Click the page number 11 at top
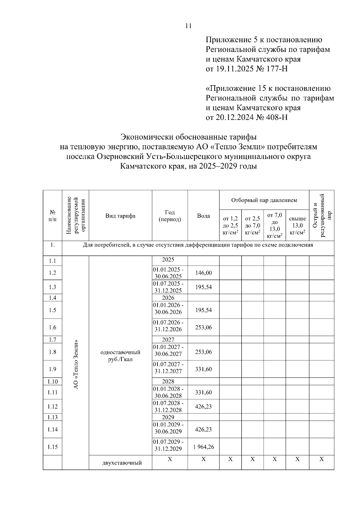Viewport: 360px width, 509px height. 188,26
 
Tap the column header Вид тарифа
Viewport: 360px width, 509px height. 120,216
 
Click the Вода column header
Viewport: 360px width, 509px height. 203,216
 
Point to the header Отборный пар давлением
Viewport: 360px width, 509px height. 264,200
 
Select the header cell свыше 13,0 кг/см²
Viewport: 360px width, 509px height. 297,225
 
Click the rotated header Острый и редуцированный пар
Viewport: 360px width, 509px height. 322,215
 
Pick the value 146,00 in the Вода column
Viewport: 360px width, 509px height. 203,273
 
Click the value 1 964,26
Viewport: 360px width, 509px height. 203,447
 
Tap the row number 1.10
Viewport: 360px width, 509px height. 52,382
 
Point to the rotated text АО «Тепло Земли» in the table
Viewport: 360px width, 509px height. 76,364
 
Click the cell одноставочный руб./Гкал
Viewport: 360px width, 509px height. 120,356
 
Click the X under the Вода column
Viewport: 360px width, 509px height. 203,459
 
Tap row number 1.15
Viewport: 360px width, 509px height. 52,447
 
